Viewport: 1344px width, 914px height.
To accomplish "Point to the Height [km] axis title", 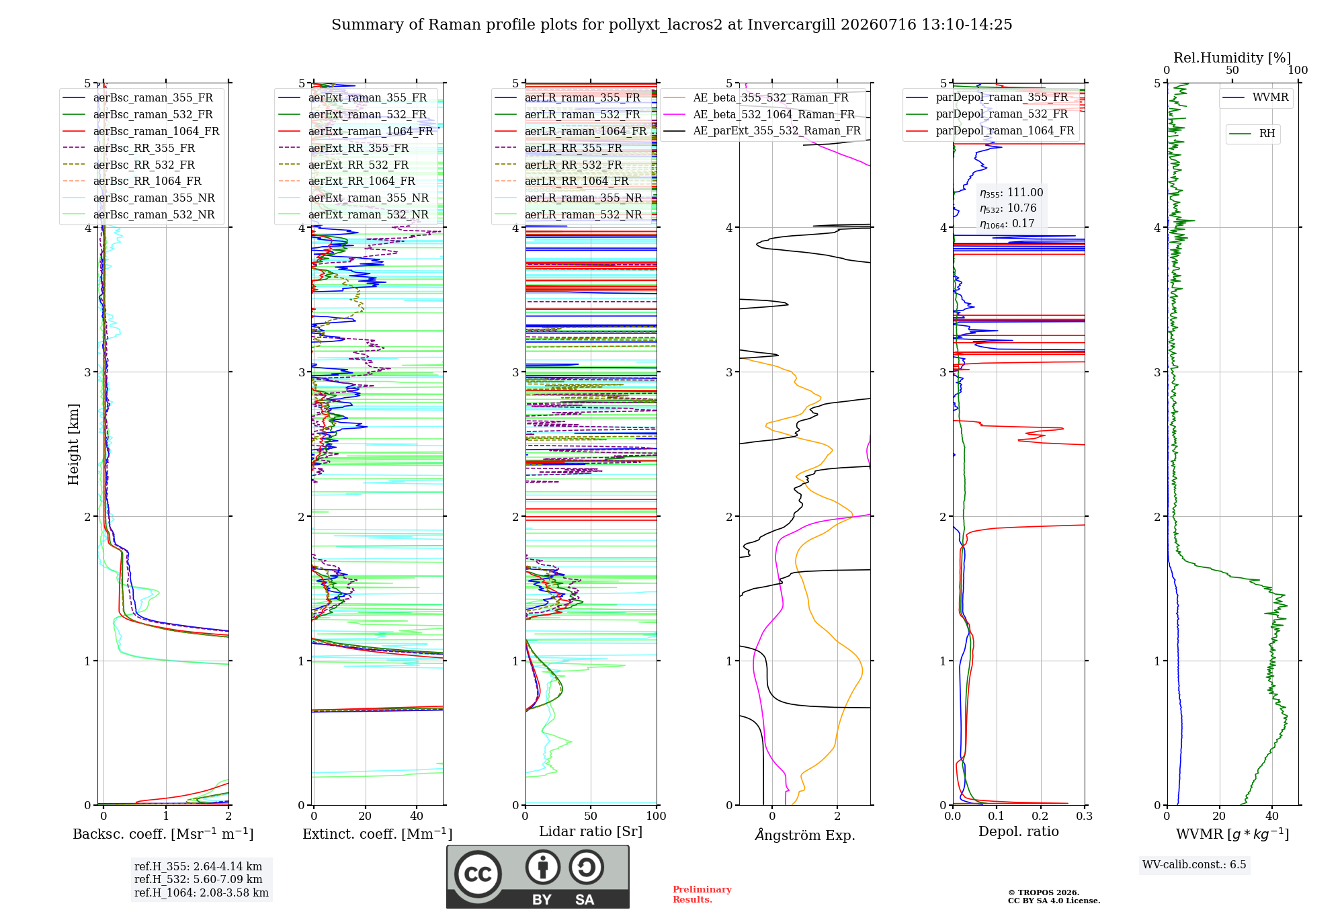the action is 73,444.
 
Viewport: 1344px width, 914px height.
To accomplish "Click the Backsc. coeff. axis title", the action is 163,834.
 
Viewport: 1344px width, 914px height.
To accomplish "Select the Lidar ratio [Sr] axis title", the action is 591,831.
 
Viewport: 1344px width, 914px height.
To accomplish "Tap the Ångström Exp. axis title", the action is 805,835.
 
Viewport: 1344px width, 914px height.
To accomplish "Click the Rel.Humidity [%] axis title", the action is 1232,58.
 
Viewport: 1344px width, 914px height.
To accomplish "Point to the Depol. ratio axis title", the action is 1019,831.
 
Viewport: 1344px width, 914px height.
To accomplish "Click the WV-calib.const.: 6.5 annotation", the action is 1194,864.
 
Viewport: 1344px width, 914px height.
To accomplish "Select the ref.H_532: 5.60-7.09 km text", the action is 198,879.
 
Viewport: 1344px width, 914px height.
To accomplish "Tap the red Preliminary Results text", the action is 702,895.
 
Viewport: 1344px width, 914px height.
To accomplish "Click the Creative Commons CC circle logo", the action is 478,874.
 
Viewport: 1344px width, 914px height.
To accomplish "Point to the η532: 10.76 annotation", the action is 1008,208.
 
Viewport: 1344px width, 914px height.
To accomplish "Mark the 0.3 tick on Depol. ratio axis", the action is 1085,816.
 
